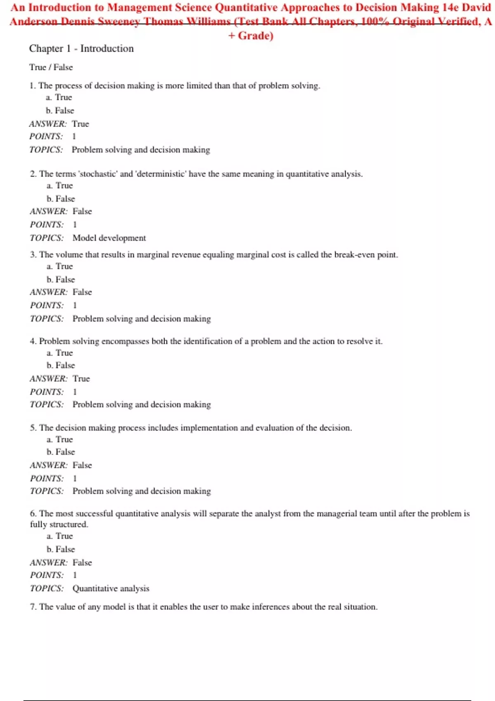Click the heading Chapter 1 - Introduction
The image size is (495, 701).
click(x=81, y=49)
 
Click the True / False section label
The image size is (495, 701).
click(x=51, y=67)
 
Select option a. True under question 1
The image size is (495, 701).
click(x=59, y=97)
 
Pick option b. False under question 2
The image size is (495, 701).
click(x=61, y=199)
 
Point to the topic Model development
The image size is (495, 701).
click(x=109, y=238)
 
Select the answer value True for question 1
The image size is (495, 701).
click(x=80, y=124)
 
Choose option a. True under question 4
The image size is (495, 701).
click(x=60, y=353)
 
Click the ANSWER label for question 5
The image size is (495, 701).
click(x=48, y=465)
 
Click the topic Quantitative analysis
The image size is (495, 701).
click(x=111, y=588)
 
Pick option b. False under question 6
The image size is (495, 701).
click(x=61, y=549)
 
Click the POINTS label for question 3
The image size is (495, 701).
click(x=47, y=306)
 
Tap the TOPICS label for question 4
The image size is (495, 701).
click(x=47, y=405)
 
